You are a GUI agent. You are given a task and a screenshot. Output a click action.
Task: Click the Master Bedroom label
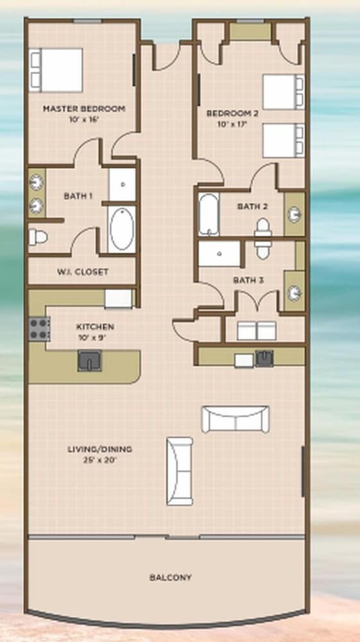pos(84,109)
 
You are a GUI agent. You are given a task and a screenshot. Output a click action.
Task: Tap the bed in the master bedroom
pos(56,70)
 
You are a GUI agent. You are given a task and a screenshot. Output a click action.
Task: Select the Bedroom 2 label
pos(232,114)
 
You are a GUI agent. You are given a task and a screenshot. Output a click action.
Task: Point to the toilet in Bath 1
pos(38,238)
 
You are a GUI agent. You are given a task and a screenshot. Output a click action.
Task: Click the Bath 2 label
pos(252,206)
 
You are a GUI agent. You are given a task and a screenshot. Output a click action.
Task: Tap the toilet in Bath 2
pos(262,238)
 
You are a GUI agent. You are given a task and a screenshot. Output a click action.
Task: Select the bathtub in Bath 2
pos(209,215)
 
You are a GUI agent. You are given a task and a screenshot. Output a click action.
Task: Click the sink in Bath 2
pos(295,214)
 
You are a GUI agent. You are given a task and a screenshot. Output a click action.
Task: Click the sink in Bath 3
pos(295,292)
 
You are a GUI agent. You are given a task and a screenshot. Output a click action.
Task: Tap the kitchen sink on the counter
pos(90,361)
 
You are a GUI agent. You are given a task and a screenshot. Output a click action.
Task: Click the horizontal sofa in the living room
pos(236,419)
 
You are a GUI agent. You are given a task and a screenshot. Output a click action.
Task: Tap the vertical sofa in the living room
pos(180,471)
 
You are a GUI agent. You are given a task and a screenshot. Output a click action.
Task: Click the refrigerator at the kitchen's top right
pos(118,299)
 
